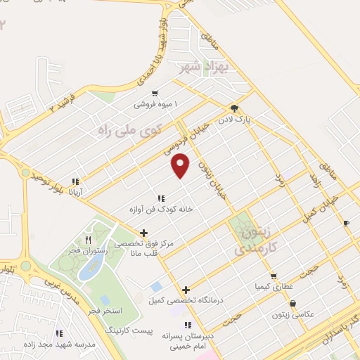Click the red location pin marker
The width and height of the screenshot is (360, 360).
(181, 165)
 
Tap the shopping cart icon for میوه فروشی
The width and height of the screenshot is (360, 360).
(155, 93)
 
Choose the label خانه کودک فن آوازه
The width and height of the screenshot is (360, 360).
(161, 209)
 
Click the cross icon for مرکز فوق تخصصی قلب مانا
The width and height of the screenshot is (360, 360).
(144, 233)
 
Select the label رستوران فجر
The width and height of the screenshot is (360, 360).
(108, 250)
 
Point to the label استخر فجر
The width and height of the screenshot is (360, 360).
(108, 310)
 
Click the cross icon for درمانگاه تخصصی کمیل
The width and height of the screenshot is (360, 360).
(186, 290)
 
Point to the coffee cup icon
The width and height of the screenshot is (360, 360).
(345, 223)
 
